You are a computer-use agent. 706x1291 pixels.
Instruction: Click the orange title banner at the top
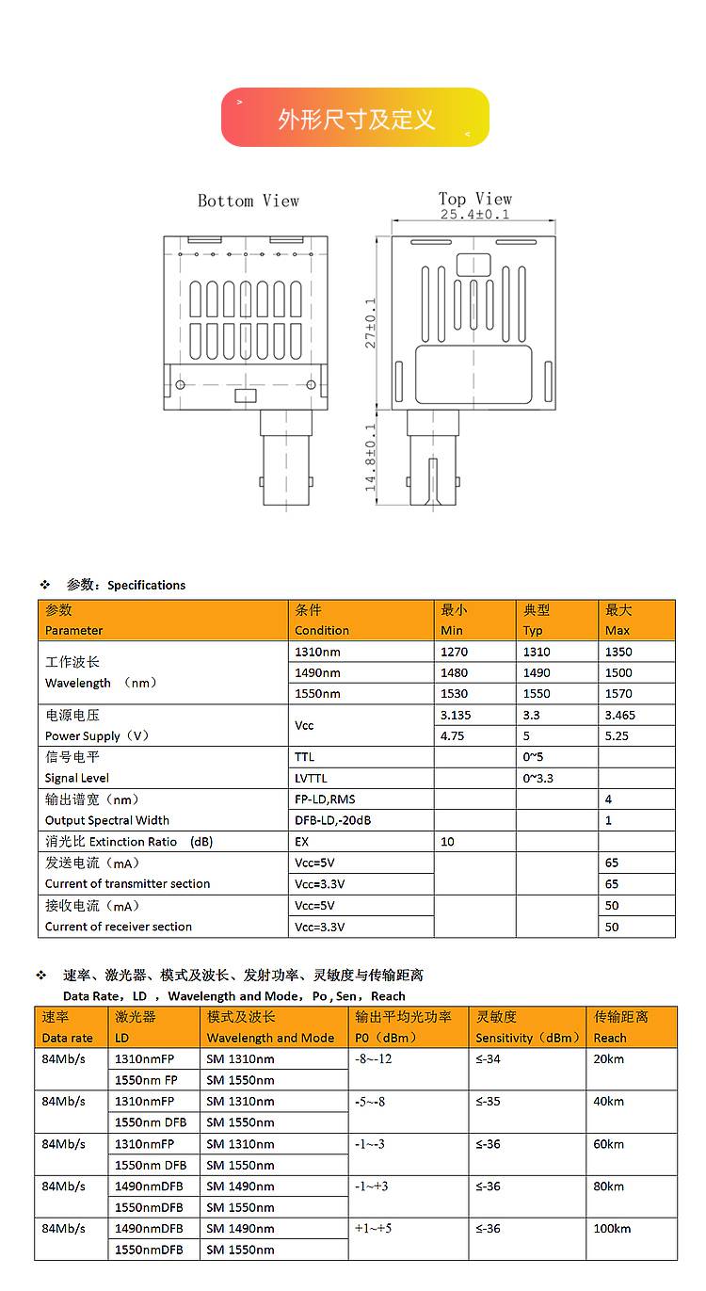click(x=355, y=118)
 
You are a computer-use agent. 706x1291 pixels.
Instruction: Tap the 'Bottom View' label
click(x=249, y=201)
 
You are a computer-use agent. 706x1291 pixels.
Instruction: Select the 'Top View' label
click(x=475, y=199)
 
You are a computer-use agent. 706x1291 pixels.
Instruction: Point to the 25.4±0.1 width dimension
click(x=475, y=215)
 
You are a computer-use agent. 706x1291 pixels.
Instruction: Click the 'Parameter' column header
click(x=74, y=630)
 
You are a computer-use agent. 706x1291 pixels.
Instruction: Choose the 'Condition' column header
click(x=322, y=630)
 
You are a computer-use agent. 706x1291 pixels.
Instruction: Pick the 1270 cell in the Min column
click(x=454, y=652)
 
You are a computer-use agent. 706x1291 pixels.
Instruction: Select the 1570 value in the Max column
click(x=618, y=694)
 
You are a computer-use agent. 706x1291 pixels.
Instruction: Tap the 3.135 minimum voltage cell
click(x=456, y=715)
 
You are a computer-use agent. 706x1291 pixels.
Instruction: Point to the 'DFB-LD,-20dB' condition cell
click(x=333, y=820)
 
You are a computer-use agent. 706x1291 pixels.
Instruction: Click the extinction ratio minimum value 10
click(x=447, y=842)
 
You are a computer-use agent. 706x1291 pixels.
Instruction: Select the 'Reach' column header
click(x=610, y=1038)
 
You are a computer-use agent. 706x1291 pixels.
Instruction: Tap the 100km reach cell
click(x=612, y=1228)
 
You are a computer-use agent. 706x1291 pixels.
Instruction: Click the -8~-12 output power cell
click(x=373, y=1059)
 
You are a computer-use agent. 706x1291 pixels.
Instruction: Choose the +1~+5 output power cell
click(x=373, y=1228)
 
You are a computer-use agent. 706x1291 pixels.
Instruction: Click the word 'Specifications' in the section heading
click(x=146, y=585)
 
